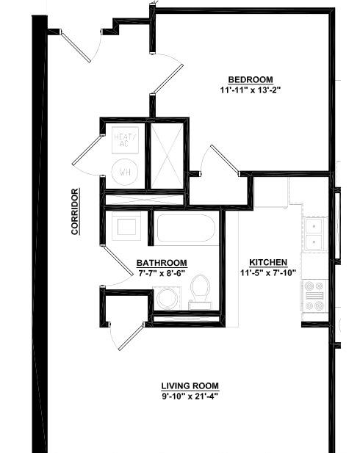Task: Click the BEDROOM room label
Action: (x=251, y=79)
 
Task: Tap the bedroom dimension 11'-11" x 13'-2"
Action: (x=251, y=90)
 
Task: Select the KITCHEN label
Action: (x=268, y=262)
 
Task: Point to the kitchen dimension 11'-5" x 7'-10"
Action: (x=268, y=272)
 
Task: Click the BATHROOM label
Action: (x=162, y=263)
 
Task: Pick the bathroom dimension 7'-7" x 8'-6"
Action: (x=162, y=273)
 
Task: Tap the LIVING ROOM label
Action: (x=190, y=386)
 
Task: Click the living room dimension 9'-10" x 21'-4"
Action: (x=190, y=396)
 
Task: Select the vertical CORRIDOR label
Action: (x=75, y=211)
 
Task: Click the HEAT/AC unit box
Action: (x=125, y=140)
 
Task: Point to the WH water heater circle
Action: (x=125, y=173)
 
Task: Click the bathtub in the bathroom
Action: (x=186, y=228)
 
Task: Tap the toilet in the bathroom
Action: (x=200, y=291)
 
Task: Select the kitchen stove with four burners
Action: (x=314, y=296)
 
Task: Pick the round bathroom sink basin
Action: (x=167, y=298)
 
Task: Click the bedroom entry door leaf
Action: (x=168, y=79)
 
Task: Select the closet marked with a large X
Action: (x=167, y=156)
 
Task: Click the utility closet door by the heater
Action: (x=87, y=151)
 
